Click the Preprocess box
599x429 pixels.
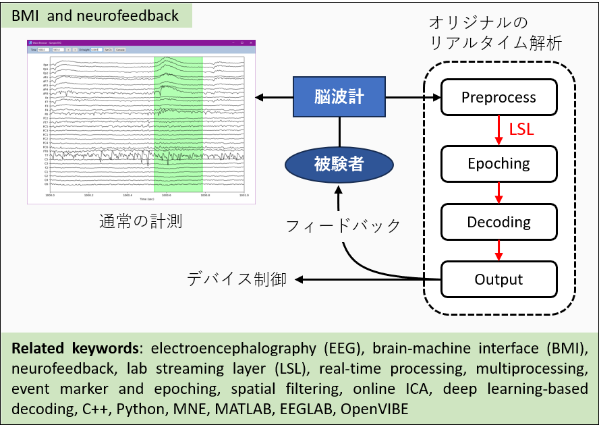(x=498, y=97)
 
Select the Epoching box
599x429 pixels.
(x=498, y=163)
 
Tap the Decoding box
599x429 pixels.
(x=498, y=222)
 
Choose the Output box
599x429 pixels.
(x=498, y=279)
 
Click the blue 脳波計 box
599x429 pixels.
(x=339, y=97)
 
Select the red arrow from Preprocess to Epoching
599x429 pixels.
(x=499, y=130)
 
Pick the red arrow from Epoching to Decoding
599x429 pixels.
(x=499, y=192)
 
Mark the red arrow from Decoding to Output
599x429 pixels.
(x=499, y=250)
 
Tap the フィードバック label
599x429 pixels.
(x=343, y=225)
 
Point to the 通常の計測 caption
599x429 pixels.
(x=141, y=221)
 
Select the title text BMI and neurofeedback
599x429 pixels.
(x=96, y=15)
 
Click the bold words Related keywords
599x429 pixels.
(x=75, y=349)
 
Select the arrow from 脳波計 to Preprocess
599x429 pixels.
(x=413, y=98)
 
